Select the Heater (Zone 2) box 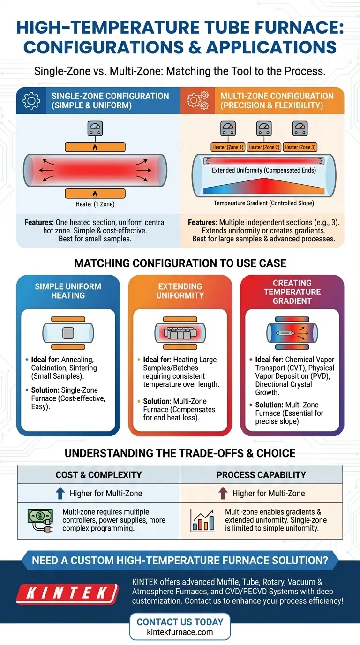[x=264, y=147]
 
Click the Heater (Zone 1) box [x=228, y=147]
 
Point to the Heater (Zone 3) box [x=300, y=147]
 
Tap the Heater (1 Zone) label [x=95, y=204]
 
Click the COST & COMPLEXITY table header [x=98, y=475]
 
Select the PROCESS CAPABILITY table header [x=261, y=475]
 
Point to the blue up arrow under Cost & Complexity [x=60, y=493]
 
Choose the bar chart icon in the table [x=203, y=520]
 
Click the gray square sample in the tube [x=68, y=334]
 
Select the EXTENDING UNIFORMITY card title [x=180, y=291]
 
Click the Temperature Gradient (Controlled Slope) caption [x=264, y=203]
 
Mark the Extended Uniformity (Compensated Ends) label [x=264, y=170]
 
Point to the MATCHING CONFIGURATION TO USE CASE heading [x=180, y=263]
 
